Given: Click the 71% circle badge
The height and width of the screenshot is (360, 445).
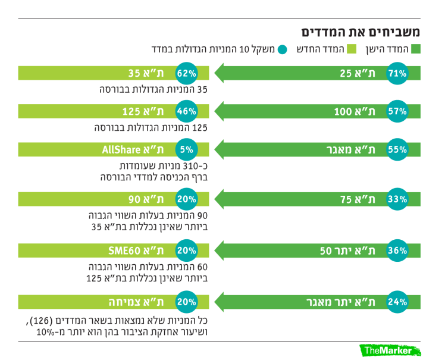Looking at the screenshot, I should (397, 74).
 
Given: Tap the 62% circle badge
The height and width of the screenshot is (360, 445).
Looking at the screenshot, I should (186, 74).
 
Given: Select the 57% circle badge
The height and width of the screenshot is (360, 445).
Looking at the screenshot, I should (397, 111).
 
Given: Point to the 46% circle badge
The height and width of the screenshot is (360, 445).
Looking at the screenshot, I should (186, 111).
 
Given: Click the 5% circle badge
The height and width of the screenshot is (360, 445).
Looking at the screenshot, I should (186, 150).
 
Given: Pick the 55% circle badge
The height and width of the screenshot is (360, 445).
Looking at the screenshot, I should (397, 150).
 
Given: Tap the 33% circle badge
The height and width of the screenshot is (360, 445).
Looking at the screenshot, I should (397, 199).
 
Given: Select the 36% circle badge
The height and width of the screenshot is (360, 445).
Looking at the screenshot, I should (397, 251).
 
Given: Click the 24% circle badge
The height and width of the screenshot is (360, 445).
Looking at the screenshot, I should (397, 302).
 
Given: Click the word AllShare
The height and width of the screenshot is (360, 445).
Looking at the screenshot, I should (118, 150).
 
